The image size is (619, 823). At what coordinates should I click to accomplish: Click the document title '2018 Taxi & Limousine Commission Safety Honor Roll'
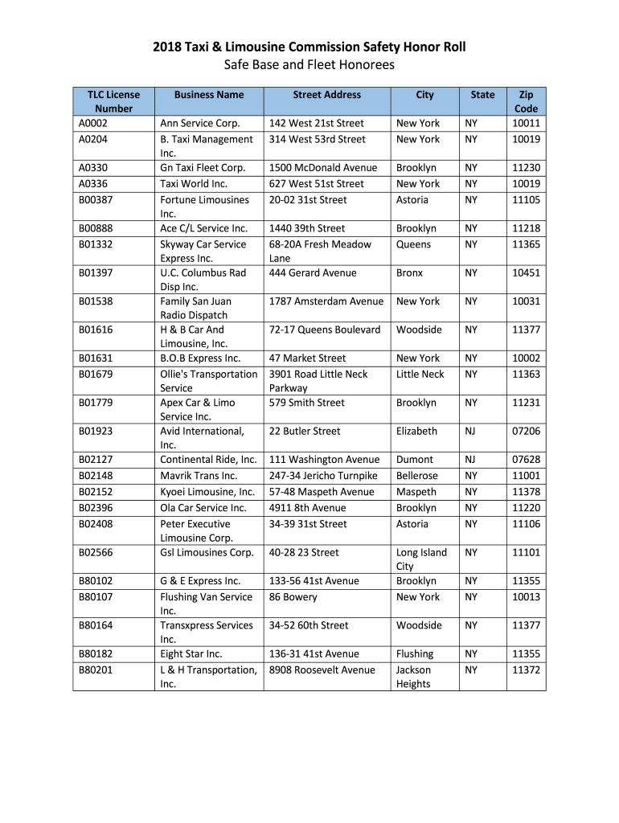tap(309, 47)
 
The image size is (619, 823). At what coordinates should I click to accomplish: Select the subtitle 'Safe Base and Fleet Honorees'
tap(309, 64)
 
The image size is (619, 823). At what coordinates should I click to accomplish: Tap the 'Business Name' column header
tap(209, 95)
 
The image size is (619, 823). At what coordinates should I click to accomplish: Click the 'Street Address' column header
tap(327, 95)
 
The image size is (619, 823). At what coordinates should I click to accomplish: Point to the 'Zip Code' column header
tap(527, 101)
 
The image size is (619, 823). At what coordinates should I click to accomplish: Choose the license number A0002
tap(93, 123)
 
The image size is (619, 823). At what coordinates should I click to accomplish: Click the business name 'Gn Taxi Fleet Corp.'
tap(203, 168)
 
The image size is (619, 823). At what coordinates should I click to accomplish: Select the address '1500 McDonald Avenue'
tap(323, 168)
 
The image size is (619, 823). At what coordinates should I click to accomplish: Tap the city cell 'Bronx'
tap(409, 272)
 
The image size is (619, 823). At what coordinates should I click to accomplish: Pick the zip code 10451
tap(527, 272)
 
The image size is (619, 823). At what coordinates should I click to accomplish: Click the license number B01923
tap(96, 431)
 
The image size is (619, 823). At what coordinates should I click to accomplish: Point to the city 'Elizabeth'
tap(416, 431)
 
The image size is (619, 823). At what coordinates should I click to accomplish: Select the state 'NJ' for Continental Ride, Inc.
tap(470, 460)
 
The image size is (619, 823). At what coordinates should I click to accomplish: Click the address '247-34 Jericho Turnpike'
tap(323, 476)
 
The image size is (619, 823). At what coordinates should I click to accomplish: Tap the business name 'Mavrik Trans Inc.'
tap(199, 476)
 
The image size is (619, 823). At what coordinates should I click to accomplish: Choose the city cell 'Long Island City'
tap(422, 559)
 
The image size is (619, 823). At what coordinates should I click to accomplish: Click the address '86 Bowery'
tap(293, 597)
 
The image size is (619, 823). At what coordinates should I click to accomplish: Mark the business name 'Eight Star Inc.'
tap(191, 654)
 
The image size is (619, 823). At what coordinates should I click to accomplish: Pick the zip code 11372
tap(527, 670)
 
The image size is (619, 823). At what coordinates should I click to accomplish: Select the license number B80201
tap(96, 670)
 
